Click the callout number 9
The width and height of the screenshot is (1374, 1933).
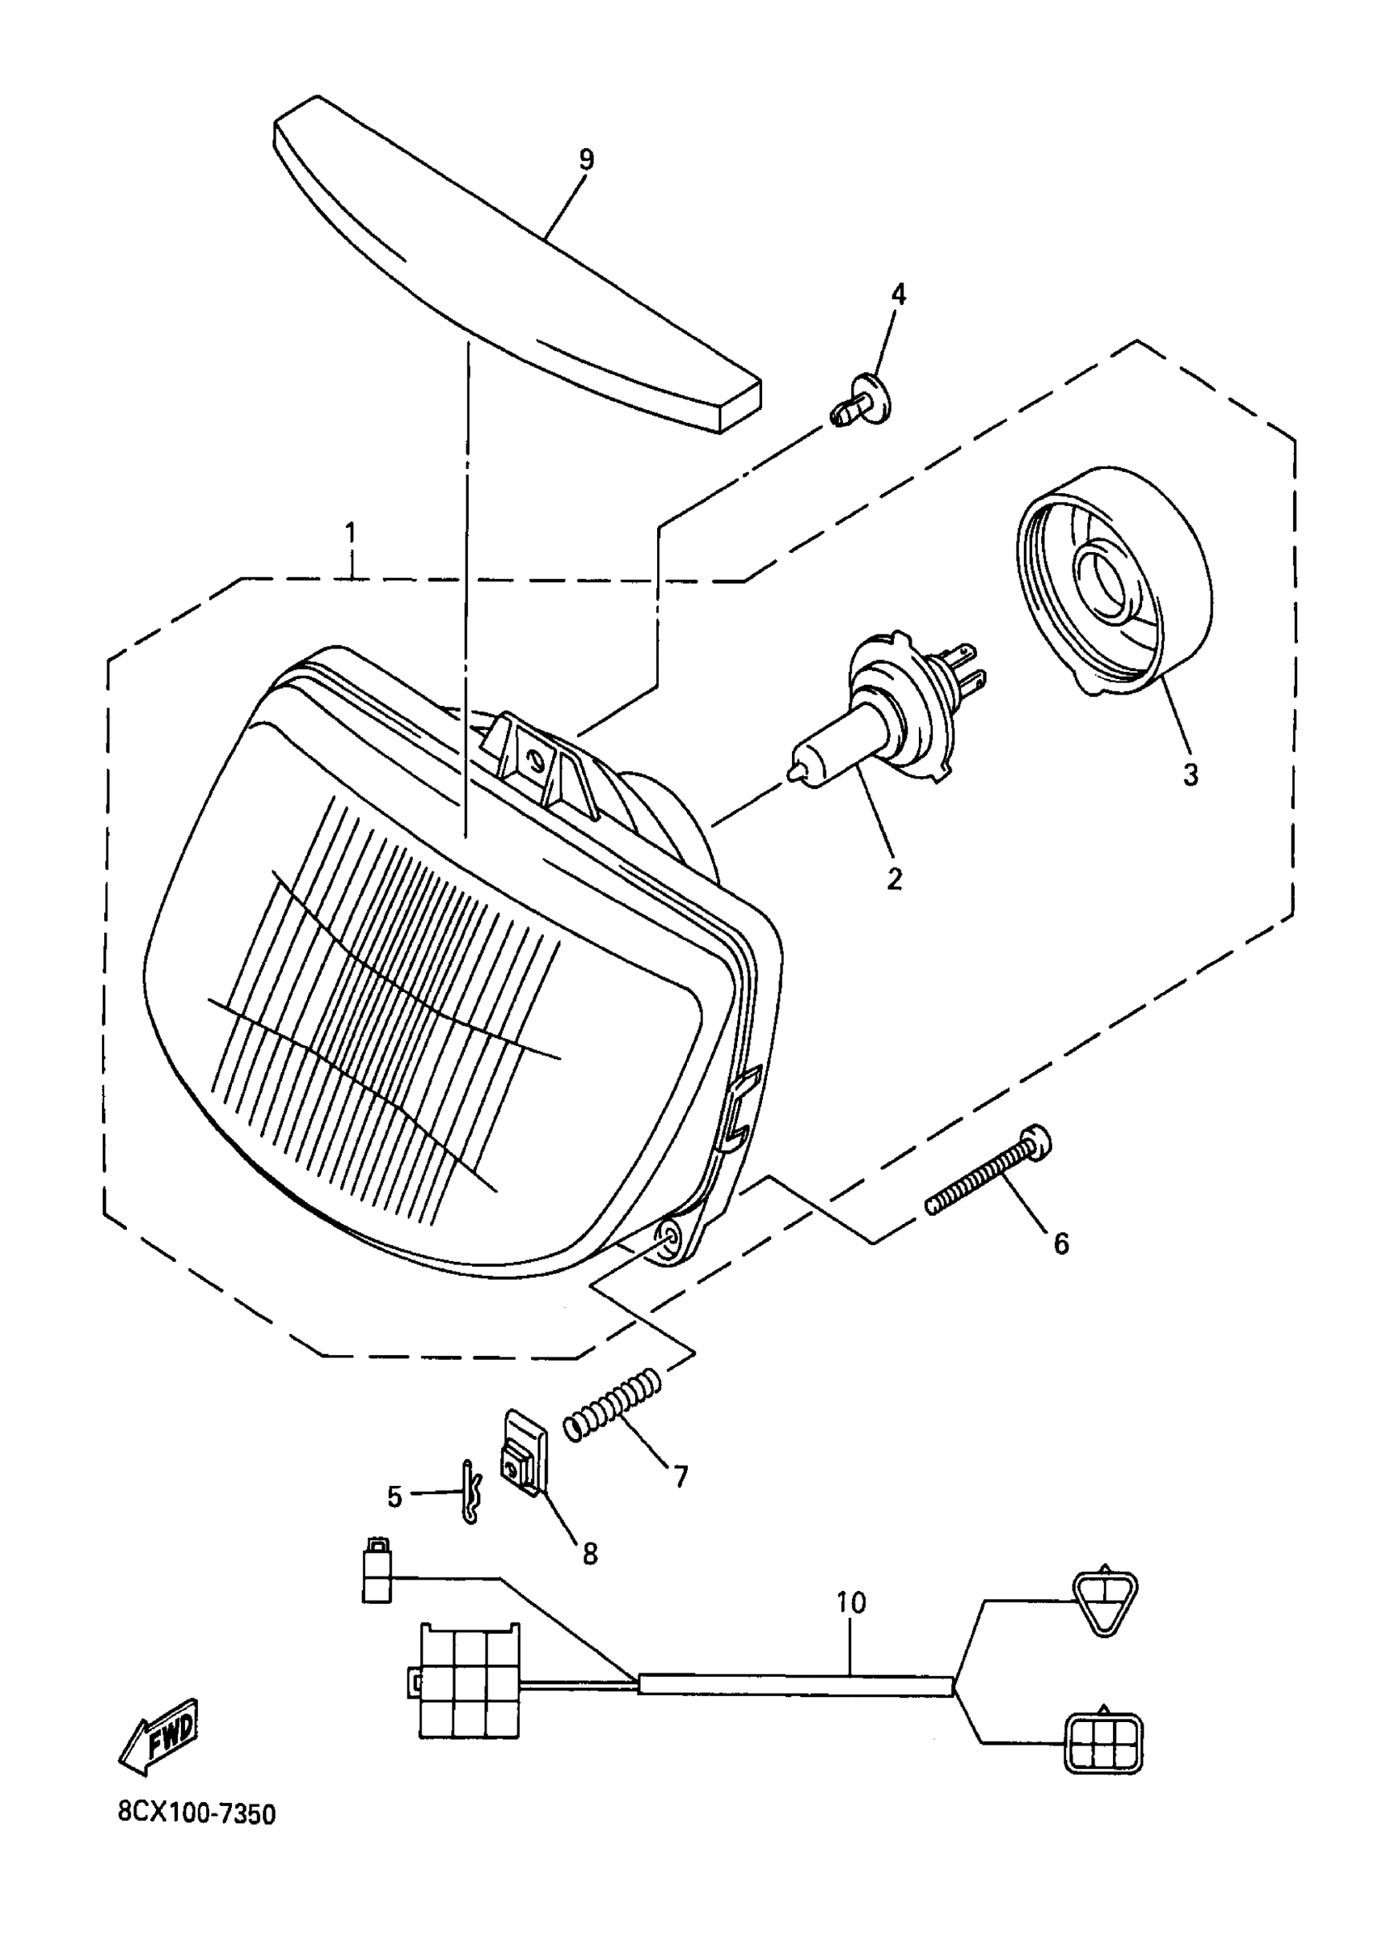pos(586,159)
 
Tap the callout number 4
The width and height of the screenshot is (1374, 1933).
pos(898,294)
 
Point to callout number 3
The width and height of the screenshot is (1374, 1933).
pos(1191,774)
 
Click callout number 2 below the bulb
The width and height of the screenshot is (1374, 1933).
pos(894,879)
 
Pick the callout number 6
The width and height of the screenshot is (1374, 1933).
pos(1060,1243)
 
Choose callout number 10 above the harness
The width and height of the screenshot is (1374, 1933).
pos(851,1602)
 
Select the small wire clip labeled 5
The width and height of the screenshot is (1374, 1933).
pos(471,1495)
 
